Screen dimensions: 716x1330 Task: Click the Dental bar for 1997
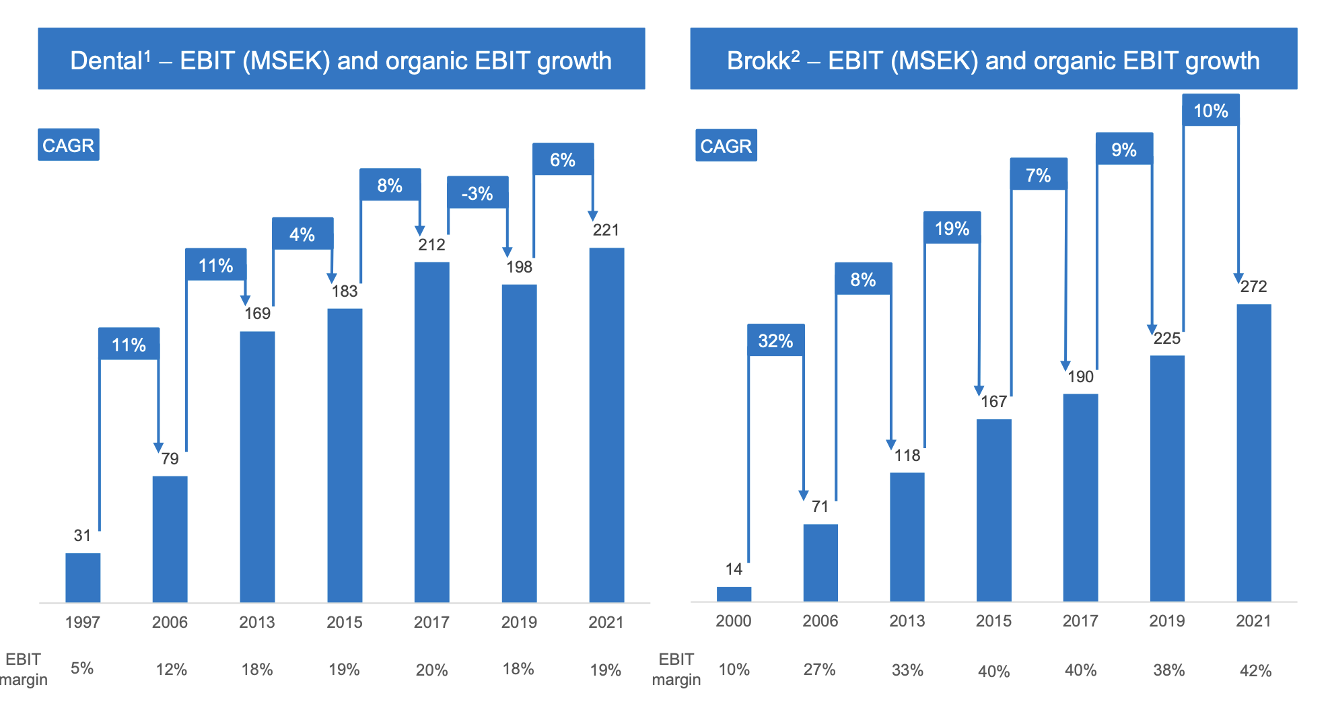point(83,577)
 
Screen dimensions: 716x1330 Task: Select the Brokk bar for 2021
point(1253,452)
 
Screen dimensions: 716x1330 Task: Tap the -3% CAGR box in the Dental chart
point(477,193)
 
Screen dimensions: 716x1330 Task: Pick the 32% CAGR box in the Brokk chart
point(775,341)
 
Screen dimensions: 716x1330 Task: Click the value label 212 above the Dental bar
point(431,245)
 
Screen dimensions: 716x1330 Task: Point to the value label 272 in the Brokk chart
point(1253,287)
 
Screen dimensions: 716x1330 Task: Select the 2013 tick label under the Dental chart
point(257,622)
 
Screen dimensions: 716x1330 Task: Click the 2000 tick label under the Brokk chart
point(733,620)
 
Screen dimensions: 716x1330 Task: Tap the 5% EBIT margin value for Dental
point(82,668)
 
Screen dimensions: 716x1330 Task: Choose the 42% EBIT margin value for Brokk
point(1255,670)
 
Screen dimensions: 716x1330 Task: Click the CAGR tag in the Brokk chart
point(726,145)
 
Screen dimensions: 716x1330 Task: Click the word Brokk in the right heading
point(759,61)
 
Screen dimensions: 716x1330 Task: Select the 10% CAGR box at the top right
point(1210,110)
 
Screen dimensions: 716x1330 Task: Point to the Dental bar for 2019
point(519,443)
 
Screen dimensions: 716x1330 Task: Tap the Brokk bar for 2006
point(820,563)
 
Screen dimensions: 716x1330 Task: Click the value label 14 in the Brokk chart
point(734,569)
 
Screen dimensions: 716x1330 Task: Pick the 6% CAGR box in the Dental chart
point(563,159)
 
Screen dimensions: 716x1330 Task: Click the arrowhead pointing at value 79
point(158,448)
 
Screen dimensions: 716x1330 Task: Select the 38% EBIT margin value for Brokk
point(1168,670)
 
